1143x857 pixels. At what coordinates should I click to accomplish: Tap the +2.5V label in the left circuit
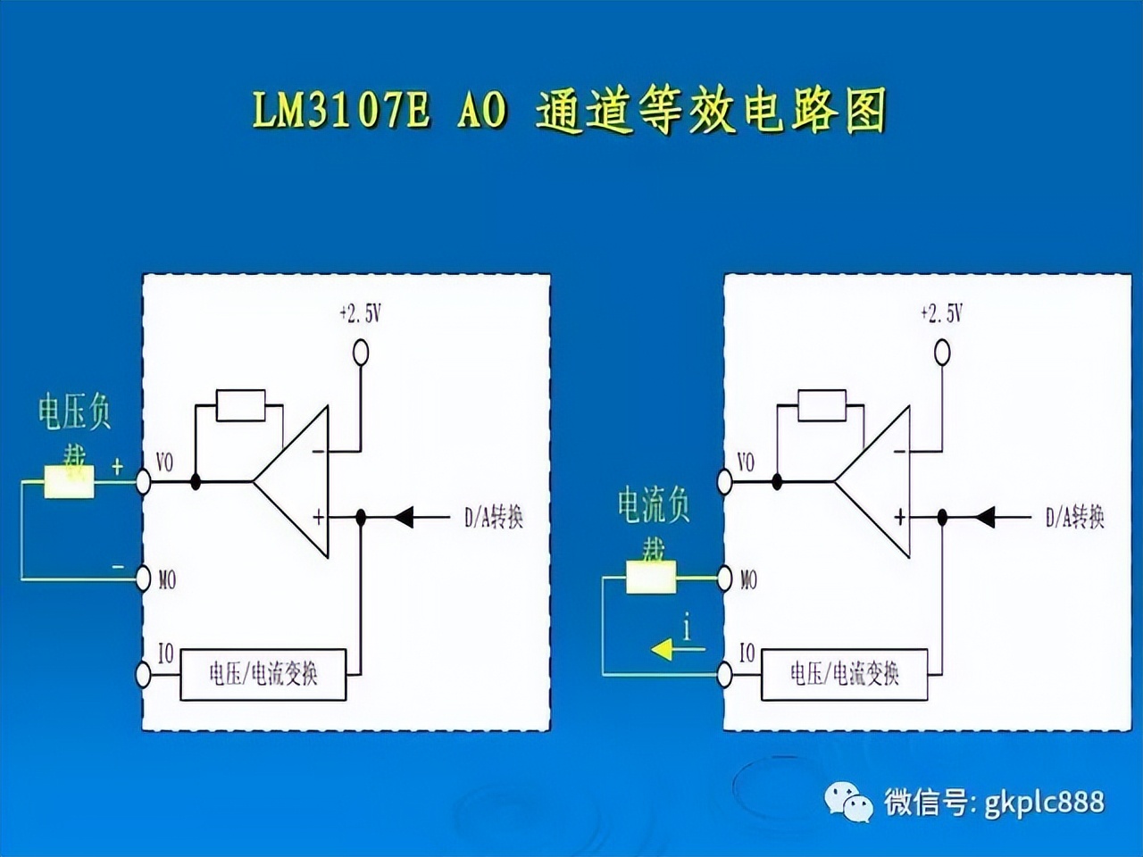point(360,314)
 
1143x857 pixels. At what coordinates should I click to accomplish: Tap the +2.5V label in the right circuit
point(941,314)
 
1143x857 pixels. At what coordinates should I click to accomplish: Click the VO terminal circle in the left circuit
point(143,482)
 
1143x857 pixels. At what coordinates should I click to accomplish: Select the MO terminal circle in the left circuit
point(143,579)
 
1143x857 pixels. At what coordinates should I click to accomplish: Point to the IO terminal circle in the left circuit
point(143,675)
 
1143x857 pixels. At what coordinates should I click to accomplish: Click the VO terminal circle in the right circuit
point(724,482)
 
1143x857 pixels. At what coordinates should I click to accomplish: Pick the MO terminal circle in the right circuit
point(724,579)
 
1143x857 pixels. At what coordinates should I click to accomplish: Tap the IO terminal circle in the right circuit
point(724,675)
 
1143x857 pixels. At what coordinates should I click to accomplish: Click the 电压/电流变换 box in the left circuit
point(263,674)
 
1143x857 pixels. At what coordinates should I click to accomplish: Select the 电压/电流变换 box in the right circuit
point(844,674)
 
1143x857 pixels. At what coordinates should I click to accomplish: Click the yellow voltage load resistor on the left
point(70,482)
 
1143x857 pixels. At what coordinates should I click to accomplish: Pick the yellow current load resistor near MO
point(650,578)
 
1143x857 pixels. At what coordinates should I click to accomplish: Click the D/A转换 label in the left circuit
point(493,517)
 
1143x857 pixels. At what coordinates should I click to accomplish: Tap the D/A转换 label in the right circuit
point(1074,517)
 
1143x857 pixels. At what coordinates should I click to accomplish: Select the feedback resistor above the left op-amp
point(241,405)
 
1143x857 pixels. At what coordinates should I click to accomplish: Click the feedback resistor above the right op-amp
point(822,405)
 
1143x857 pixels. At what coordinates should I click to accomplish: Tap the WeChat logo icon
point(849,802)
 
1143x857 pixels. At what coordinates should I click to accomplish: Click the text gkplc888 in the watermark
point(1044,802)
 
